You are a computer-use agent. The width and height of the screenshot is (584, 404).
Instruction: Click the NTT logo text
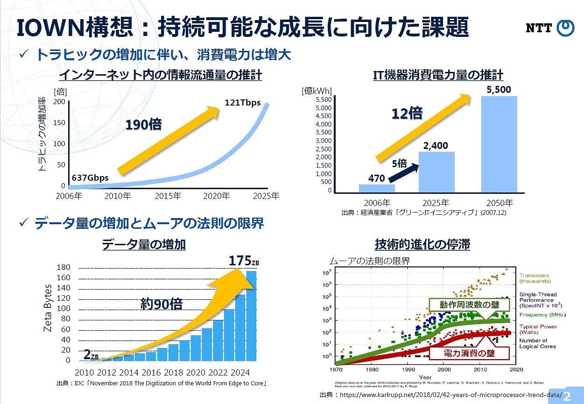(x=539, y=28)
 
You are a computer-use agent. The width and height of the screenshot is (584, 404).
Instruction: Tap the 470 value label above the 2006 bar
(x=377, y=178)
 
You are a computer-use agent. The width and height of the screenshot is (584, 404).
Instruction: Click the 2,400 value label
(x=436, y=146)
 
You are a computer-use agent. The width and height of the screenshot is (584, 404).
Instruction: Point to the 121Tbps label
(x=243, y=103)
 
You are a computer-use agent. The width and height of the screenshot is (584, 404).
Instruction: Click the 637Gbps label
(x=90, y=178)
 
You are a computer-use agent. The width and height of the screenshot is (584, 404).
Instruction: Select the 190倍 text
(x=143, y=125)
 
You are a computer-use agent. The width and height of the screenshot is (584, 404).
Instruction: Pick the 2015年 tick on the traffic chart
(x=169, y=196)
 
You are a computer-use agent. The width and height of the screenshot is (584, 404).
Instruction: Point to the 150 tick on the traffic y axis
(x=59, y=123)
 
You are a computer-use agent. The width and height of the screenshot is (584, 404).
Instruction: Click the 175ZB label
(x=243, y=261)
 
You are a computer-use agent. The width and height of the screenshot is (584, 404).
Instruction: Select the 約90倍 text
(x=161, y=305)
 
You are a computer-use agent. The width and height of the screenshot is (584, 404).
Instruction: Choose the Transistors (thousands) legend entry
(x=535, y=278)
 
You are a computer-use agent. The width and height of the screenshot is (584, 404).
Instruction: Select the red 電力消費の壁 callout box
(x=462, y=354)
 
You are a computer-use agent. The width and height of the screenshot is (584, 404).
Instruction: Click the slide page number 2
(x=567, y=397)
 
